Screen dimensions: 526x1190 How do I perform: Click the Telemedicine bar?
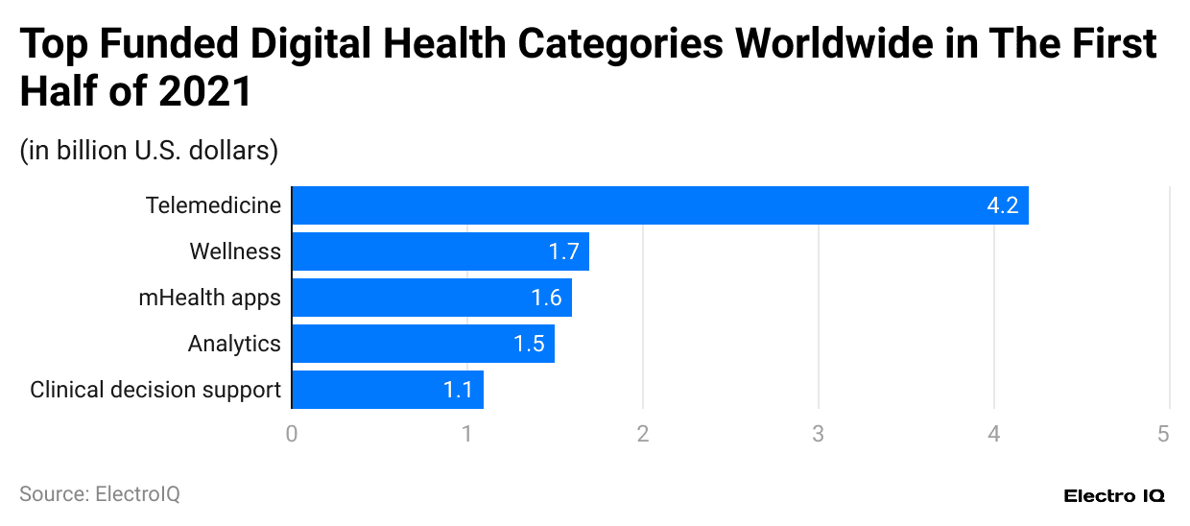pyautogui.click(x=659, y=205)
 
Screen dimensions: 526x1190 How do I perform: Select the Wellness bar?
pyautogui.click(x=440, y=251)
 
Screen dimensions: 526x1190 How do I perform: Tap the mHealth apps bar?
pyautogui.click(x=431, y=298)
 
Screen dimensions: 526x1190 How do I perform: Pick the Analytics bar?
pyautogui.click(x=422, y=344)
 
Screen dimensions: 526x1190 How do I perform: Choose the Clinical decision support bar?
pyautogui.click(x=387, y=390)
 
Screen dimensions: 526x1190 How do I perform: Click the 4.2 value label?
pyautogui.click(x=1002, y=205)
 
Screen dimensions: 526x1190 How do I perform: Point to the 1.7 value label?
pyautogui.click(x=563, y=251)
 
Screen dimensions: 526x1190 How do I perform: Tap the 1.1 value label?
pyautogui.click(x=458, y=390)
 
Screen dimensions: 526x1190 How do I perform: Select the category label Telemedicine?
pyautogui.click(x=213, y=205)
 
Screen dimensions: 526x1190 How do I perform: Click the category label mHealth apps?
pyautogui.click(x=209, y=298)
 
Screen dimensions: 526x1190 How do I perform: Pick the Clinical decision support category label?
pyautogui.click(x=155, y=390)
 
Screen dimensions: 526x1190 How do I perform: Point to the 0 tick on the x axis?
pyautogui.click(x=292, y=434)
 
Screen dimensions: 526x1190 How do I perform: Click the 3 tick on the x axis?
pyautogui.click(x=819, y=434)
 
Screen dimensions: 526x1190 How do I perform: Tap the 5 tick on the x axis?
pyautogui.click(x=1163, y=434)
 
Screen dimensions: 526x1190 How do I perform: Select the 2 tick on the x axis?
pyautogui.click(x=643, y=434)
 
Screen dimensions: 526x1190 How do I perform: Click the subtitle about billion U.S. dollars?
pyautogui.click(x=149, y=151)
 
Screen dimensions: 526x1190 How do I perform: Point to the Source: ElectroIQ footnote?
pyautogui.click(x=100, y=494)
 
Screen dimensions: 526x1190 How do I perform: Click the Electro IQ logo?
pyautogui.click(x=1114, y=496)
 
